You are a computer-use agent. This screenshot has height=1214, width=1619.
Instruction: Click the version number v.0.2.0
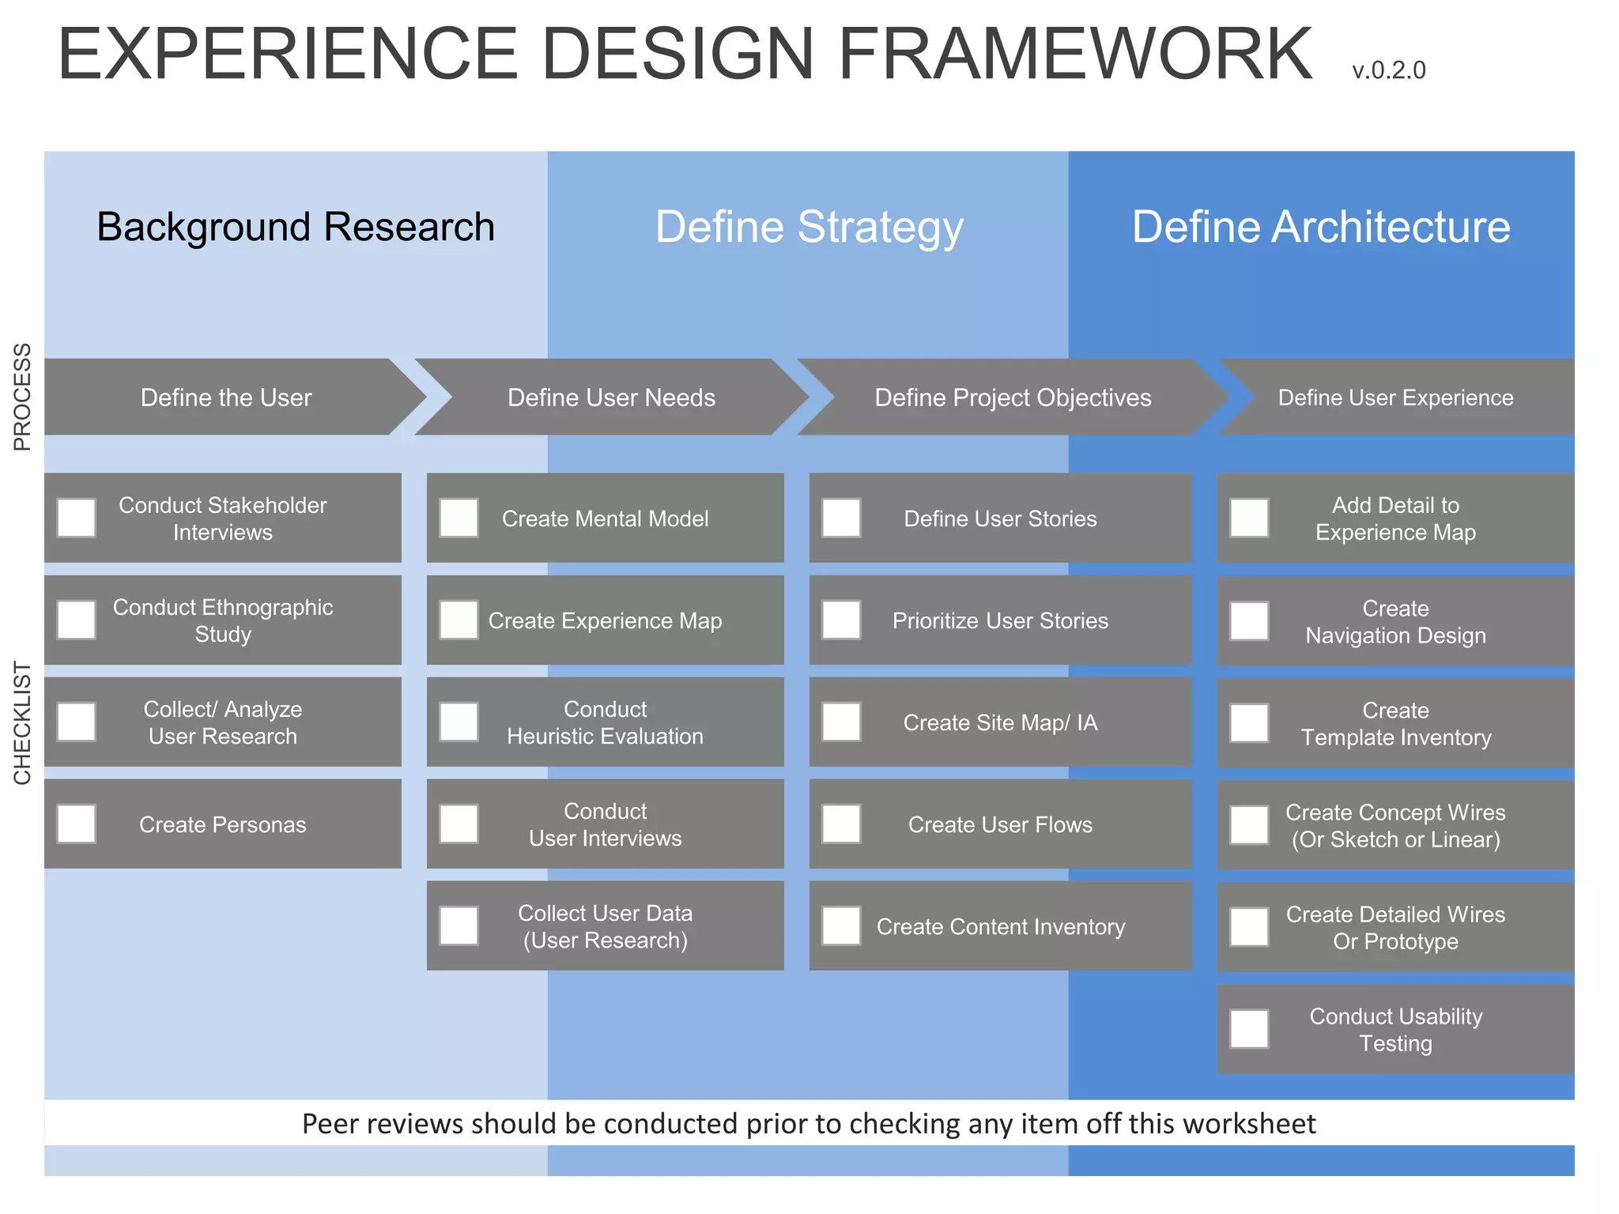click(x=1388, y=70)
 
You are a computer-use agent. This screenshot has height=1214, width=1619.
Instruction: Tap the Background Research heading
click(x=296, y=227)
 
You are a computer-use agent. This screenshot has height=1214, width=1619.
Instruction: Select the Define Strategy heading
click(x=809, y=227)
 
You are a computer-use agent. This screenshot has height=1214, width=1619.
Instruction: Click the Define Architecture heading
click(x=1320, y=227)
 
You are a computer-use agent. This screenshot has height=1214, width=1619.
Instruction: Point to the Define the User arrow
click(x=226, y=398)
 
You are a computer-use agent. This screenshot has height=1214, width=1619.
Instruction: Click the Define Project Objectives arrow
click(x=1012, y=398)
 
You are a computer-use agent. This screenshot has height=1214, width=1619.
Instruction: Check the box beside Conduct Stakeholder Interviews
click(x=77, y=518)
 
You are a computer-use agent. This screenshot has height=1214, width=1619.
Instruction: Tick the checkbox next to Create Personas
click(x=77, y=824)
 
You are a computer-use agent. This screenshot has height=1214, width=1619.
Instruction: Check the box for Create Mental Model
click(x=459, y=518)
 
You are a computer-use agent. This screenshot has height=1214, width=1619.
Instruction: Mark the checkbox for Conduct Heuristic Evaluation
click(x=459, y=722)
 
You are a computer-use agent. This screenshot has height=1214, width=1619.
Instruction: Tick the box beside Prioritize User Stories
click(x=842, y=620)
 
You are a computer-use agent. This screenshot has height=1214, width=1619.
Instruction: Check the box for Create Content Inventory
click(x=842, y=926)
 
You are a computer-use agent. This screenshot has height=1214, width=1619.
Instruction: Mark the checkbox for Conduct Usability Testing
click(x=1250, y=1029)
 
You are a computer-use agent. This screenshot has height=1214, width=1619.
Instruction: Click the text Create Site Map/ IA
click(x=1000, y=722)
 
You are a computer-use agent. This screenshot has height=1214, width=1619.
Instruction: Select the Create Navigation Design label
click(x=1395, y=622)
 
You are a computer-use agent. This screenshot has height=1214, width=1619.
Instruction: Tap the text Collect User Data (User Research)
click(x=605, y=926)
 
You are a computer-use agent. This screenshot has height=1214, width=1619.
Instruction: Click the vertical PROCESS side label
click(x=22, y=397)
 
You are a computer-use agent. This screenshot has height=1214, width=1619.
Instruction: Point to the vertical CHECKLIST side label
click(x=22, y=722)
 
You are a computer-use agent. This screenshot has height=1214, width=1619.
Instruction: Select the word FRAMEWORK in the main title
click(x=1075, y=54)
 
